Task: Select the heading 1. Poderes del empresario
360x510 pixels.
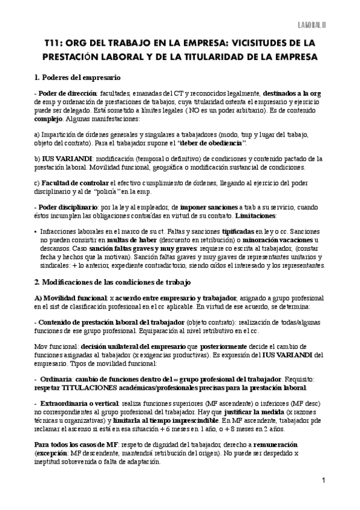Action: click(x=79, y=78)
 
